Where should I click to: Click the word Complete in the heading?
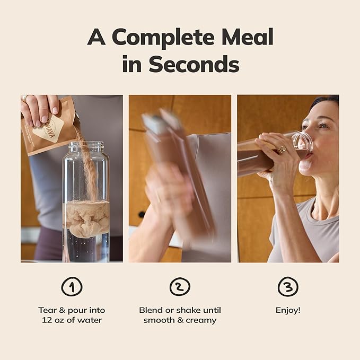click(x=163, y=37)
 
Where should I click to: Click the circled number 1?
click(x=72, y=286)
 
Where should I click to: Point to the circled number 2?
click(x=180, y=286)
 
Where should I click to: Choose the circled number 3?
click(x=288, y=286)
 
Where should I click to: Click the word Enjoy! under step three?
click(x=288, y=310)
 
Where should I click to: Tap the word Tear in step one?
click(x=47, y=310)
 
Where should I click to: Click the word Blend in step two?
click(x=151, y=310)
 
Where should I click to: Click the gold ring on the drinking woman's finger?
click(x=282, y=150)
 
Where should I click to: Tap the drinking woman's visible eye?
click(x=323, y=126)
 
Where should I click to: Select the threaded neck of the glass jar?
click(x=86, y=146)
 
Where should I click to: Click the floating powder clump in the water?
click(x=86, y=218)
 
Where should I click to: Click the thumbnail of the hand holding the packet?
click(x=55, y=110)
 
